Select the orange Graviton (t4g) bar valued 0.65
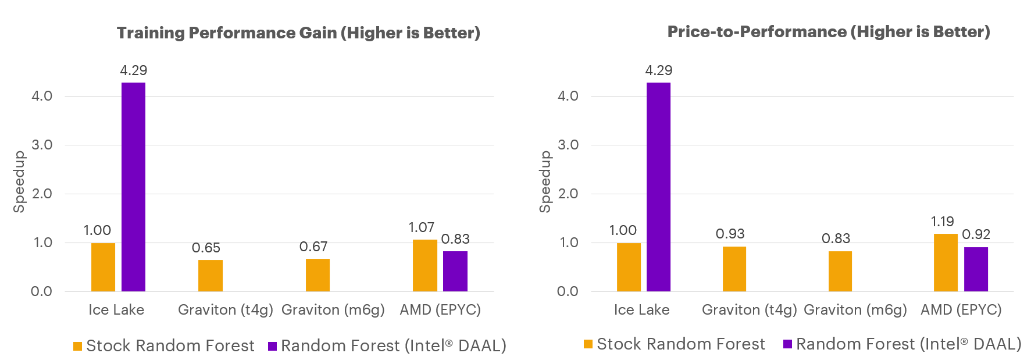[x=210, y=276]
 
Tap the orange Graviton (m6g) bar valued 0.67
[x=317, y=275]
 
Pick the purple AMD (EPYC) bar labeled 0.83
[x=455, y=271]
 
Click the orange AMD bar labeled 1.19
[x=946, y=262]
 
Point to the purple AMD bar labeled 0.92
[x=976, y=269]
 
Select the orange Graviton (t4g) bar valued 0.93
[x=734, y=269]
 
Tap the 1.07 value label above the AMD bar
[x=421, y=227]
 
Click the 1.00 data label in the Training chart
[x=97, y=230]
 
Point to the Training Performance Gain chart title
[x=298, y=33]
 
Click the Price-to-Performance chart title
[x=828, y=32]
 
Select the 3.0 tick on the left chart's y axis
[x=42, y=145]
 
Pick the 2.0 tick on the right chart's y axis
[x=568, y=194]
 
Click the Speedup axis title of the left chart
[x=19, y=181]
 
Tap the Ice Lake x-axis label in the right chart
[x=641, y=310]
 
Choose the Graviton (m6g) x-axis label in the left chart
[x=333, y=310]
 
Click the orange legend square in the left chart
[x=77, y=346]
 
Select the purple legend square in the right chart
[x=787, y=344]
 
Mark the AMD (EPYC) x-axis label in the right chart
[x=961, y=310]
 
